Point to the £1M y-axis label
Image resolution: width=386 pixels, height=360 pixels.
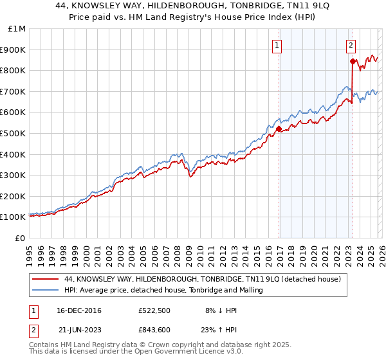[17, 28]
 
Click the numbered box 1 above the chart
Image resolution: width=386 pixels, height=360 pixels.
[277, 45]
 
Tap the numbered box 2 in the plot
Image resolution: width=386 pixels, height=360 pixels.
[351, 45]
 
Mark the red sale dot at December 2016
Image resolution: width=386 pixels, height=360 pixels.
[279, 129]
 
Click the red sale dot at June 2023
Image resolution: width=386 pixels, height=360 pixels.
[353, 61]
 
